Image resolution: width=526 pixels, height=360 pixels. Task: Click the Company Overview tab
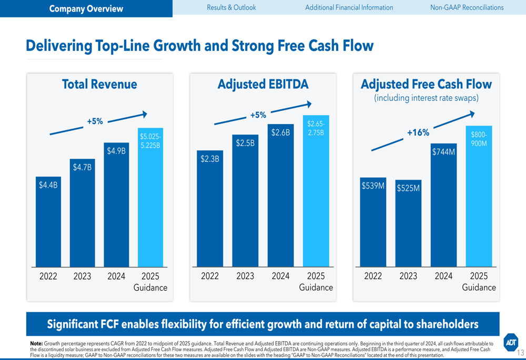[x=86, y=8]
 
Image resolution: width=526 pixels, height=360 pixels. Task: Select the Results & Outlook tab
[x=231, y=7]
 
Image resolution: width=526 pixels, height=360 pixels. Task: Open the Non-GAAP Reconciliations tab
[x=467, y=7]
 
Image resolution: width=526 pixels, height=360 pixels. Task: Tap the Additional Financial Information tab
[x=349, y=7]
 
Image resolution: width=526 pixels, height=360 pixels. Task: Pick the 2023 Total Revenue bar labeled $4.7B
[x=82, y=213]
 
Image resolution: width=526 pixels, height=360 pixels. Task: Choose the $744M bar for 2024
[x=443, y=205]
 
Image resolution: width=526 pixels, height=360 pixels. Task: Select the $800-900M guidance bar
[x=479, y=197]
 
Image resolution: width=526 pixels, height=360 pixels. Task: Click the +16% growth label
[x=418, y=133]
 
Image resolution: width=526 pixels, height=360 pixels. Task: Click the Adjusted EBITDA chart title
[x=263, y=85]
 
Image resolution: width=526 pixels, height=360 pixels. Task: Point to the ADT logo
[x=510, y=342]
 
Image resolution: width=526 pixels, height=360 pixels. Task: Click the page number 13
[x=521, y=353]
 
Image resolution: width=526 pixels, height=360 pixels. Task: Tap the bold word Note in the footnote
[x=36, y=343]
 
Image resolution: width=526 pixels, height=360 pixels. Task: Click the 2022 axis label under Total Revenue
[x=48, y=276]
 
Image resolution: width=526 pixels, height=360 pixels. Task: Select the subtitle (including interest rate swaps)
[x=426, y=98]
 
